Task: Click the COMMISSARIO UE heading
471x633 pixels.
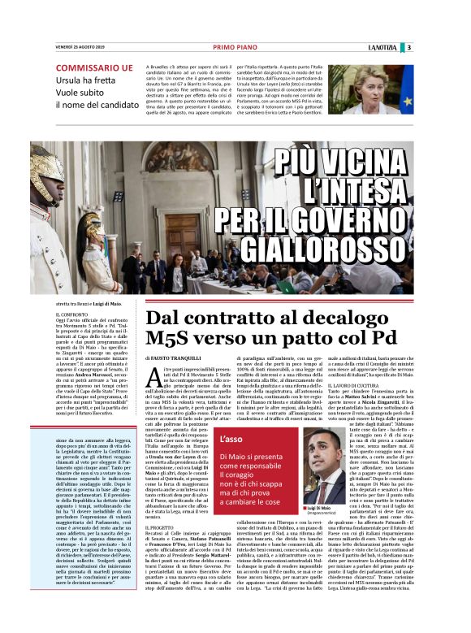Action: coord(93,67)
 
